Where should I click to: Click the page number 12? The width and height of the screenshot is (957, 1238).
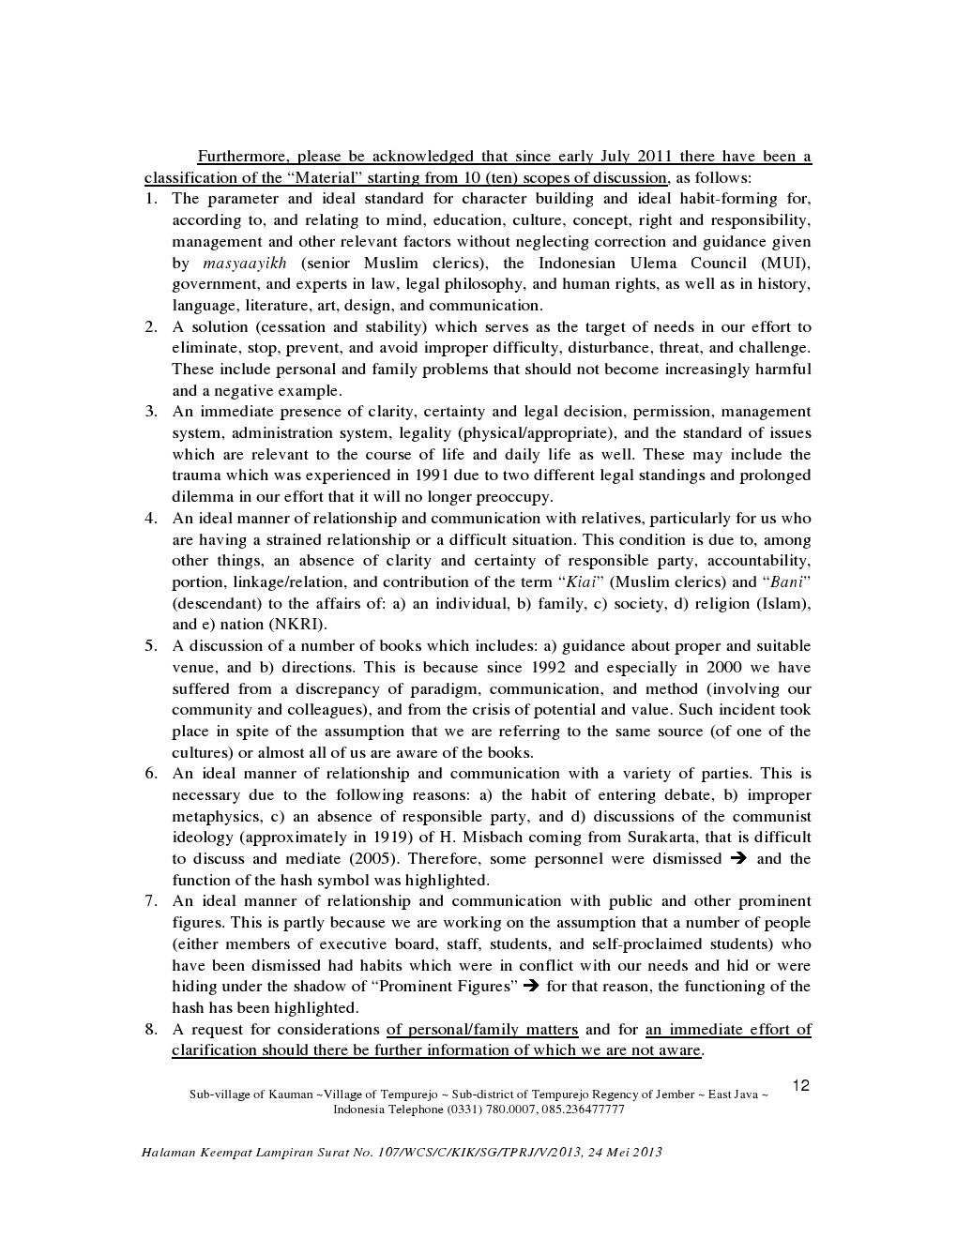(x=800, y=1086)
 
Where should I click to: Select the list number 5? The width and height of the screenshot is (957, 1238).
(x=150, y=645)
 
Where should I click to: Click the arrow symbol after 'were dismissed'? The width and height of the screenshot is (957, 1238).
(x=738, y=859)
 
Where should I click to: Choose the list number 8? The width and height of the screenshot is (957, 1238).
(x=150, y=1029)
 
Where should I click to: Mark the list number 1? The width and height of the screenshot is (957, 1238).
(x=150, y=199)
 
